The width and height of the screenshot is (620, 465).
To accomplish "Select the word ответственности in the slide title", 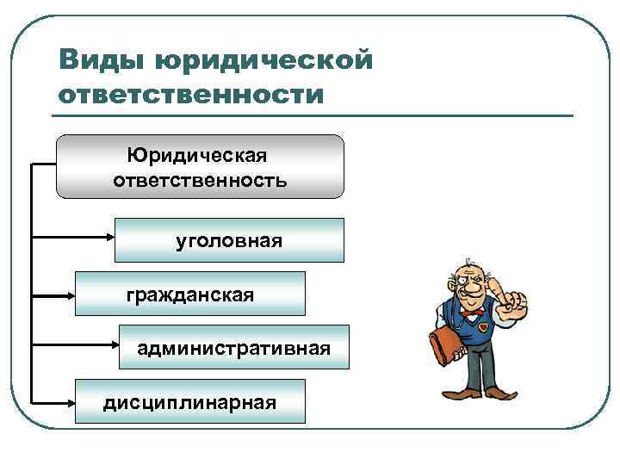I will pos(191,93).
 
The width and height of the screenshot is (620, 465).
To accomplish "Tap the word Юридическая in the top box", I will pos(197,155).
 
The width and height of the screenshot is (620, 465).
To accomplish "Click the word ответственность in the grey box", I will pos(200,182).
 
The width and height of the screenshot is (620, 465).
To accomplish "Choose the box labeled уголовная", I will pos(229,240).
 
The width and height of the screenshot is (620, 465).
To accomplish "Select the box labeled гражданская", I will pos(190,294).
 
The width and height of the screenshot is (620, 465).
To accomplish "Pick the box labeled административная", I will pos(234,348).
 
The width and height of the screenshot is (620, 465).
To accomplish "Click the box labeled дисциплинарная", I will pos(190,401).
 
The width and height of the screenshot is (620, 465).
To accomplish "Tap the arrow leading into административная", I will pos(75,347).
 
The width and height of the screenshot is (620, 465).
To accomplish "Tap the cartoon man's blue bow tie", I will pos(469,315).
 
